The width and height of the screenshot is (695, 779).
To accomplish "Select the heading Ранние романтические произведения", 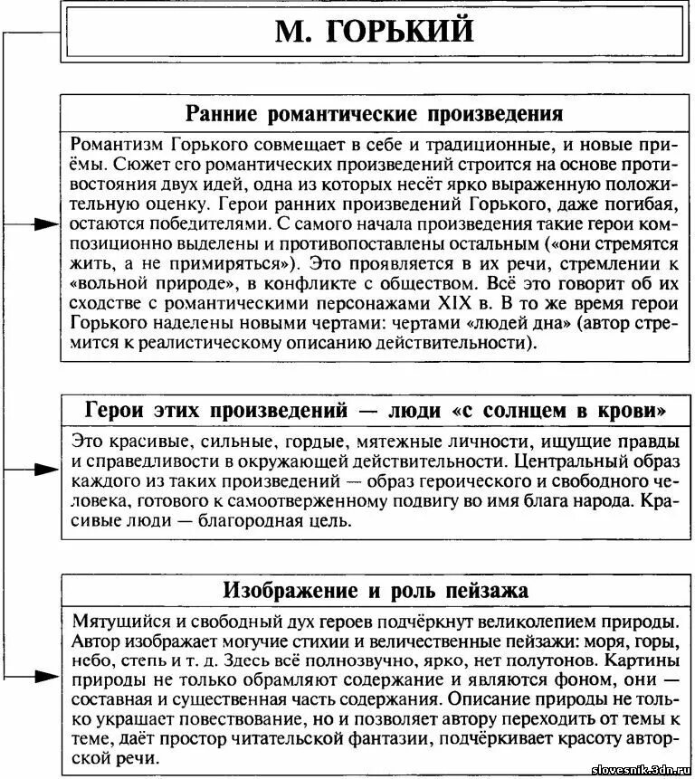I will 374,114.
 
